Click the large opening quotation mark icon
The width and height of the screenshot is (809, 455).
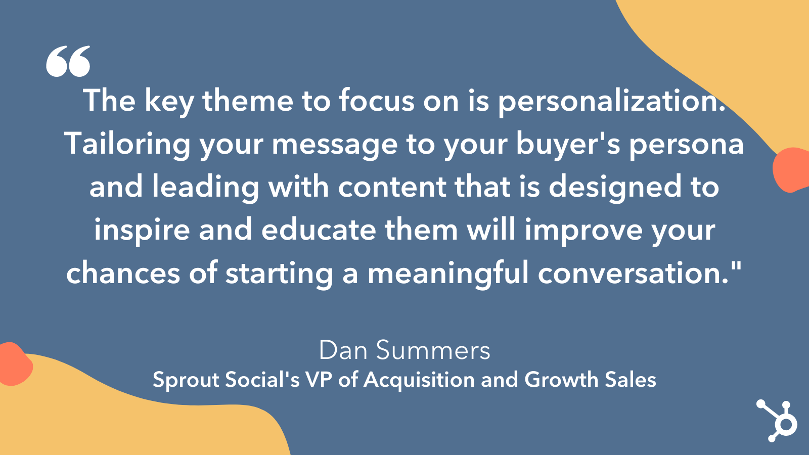click(68, 61)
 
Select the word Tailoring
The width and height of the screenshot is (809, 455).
click(127, 144)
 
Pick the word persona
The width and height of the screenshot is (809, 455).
click(686, 144)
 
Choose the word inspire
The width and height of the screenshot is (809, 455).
click(142, 230)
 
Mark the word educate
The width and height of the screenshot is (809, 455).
click(319, 230)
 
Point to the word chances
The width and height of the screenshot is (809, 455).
click(123, 274)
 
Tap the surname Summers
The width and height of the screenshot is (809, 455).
click(433, 350)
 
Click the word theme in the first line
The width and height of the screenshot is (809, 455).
click(248, 101)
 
